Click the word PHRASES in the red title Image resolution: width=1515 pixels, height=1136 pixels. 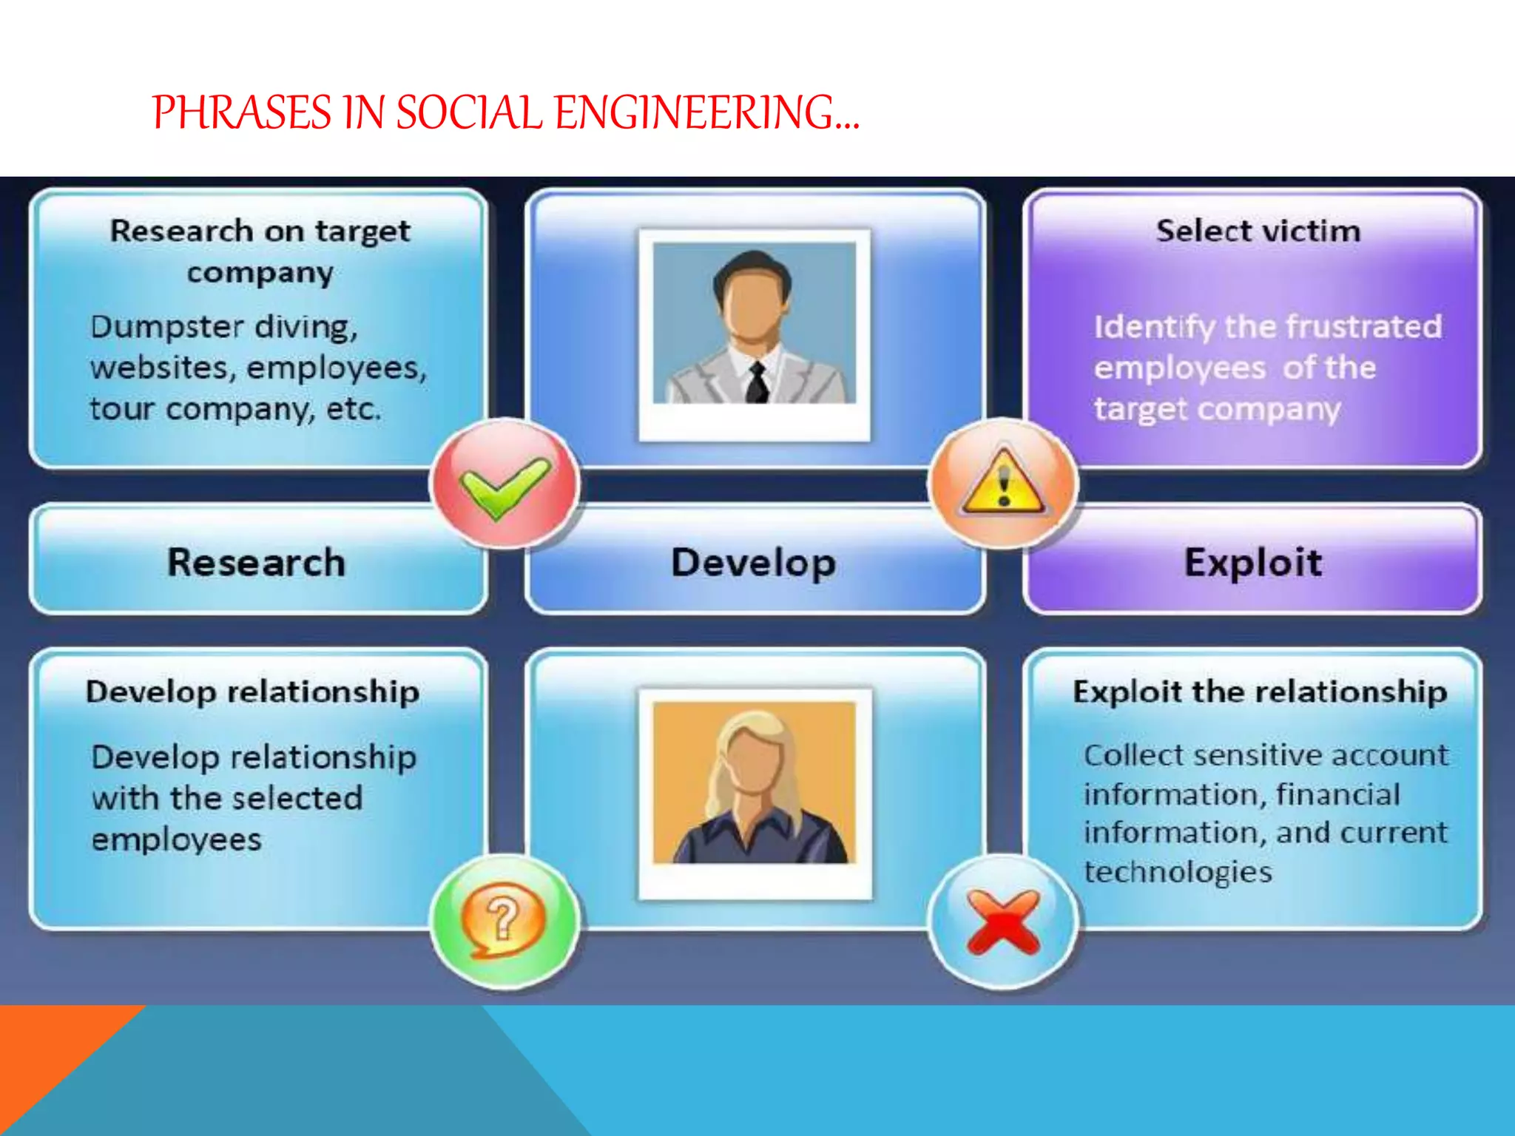coord(243,113)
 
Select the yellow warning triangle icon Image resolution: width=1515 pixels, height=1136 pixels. coord(1002,484)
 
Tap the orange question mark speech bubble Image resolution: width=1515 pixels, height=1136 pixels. coord(503,919)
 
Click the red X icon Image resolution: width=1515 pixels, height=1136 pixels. coord(1002,921)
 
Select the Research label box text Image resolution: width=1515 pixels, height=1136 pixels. coord(256,562)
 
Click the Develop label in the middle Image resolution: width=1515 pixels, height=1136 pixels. coord(753,562)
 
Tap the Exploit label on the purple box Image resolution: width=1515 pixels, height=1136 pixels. coord(1252,562)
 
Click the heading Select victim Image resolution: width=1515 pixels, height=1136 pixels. coord(1258,231)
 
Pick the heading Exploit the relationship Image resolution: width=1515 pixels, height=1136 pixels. coord(1259,692)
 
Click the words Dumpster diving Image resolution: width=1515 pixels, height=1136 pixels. coord(223,327)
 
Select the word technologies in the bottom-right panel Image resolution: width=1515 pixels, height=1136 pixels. coord(1178,871)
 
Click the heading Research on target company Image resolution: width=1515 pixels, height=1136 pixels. coord(260,251)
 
